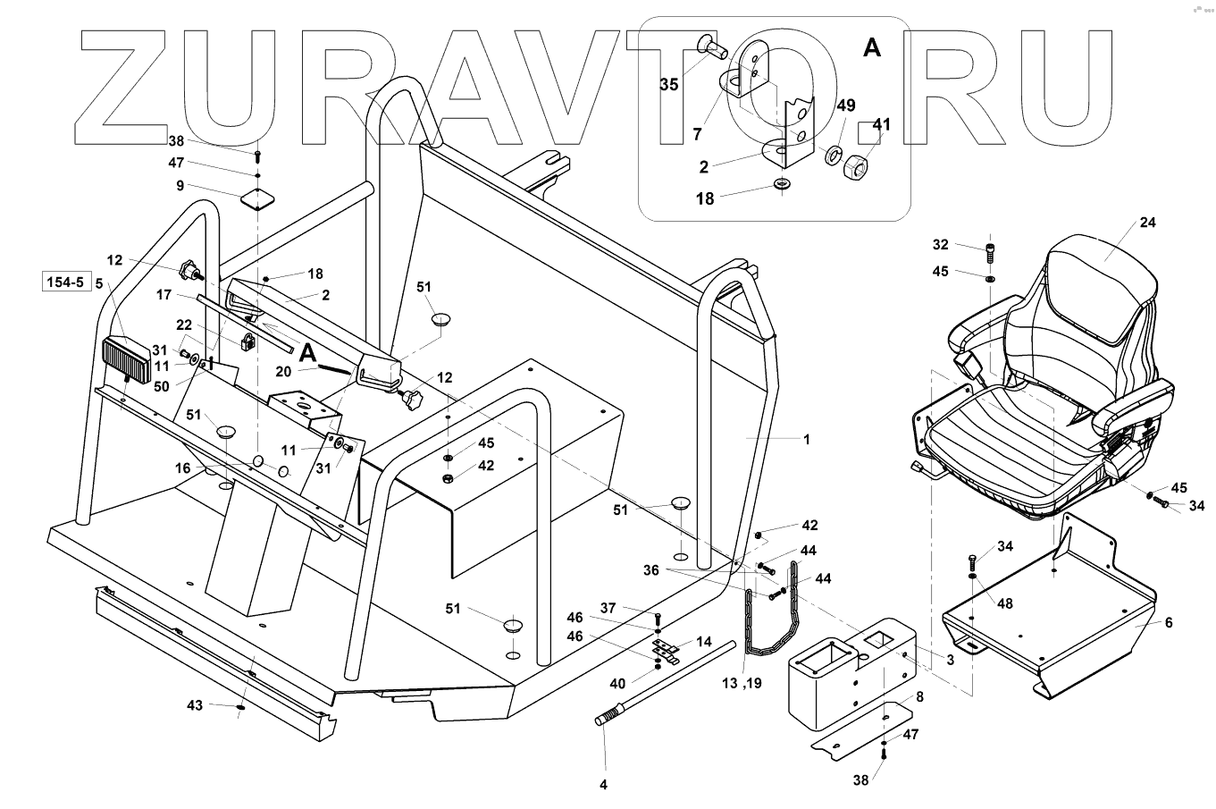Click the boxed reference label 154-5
click(64, 283)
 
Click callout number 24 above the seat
click(1147, 223)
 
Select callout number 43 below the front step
click(195, 705)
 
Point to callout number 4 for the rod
click(603, 785)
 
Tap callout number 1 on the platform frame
click(806, 439)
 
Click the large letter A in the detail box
click(871, 48)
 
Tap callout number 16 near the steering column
click(182, 468)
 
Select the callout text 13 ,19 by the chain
click(743, 684)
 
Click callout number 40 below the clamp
click(616, 684)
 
